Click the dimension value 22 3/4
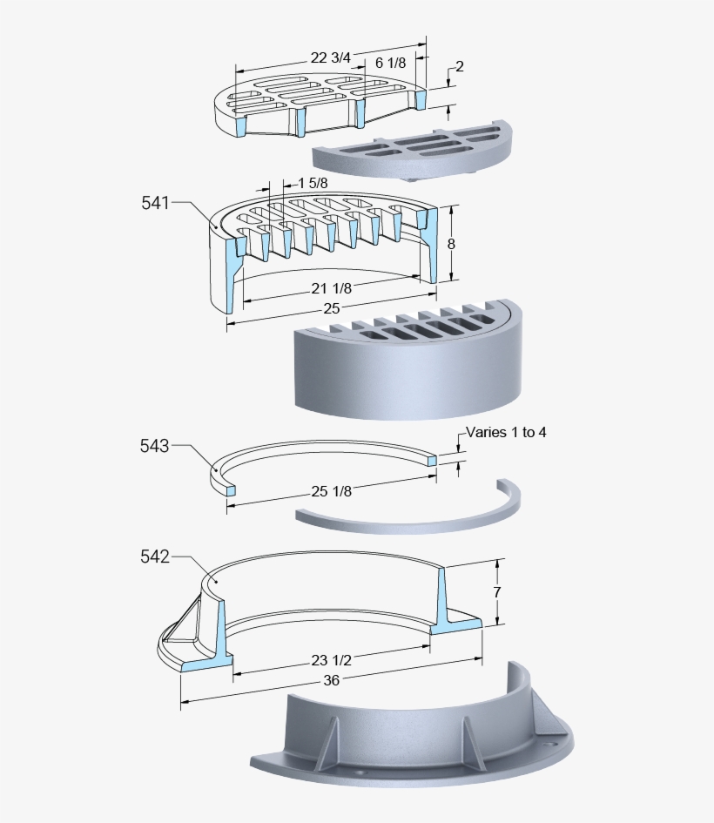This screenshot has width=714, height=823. (x=331, y=58)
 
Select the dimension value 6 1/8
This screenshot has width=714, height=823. (x=391, y=63)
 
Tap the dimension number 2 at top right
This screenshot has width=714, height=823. (x=459, y=66)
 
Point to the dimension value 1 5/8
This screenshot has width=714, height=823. (x=313, y=183)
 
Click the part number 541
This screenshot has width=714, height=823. (x=154, y=203)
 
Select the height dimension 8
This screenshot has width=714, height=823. (x=451, y=245)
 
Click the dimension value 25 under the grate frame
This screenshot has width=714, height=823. (x=331, y=308)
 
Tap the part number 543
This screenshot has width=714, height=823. (x=154, y=446)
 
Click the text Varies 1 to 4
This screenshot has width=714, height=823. (x=506, y=432)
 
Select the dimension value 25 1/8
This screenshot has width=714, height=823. (x=332, y=491)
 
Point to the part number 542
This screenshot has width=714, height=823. (x=154, y=556)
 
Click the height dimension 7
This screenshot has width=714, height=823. (x=496, y=591)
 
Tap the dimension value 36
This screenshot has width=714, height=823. (x=331, y=681)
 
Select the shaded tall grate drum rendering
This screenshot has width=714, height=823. (x=409, y=366)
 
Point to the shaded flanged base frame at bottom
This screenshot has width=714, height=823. (x=409, y=740)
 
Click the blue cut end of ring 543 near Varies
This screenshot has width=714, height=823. (x=432, y=459)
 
